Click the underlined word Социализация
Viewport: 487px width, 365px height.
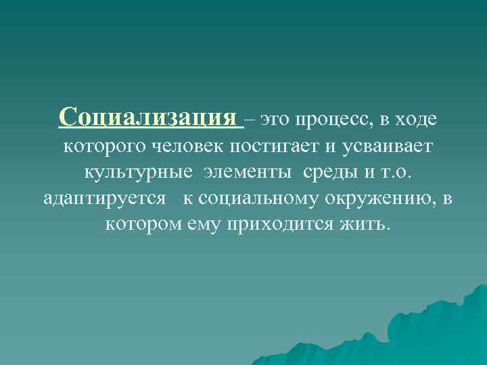(149, 117)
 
